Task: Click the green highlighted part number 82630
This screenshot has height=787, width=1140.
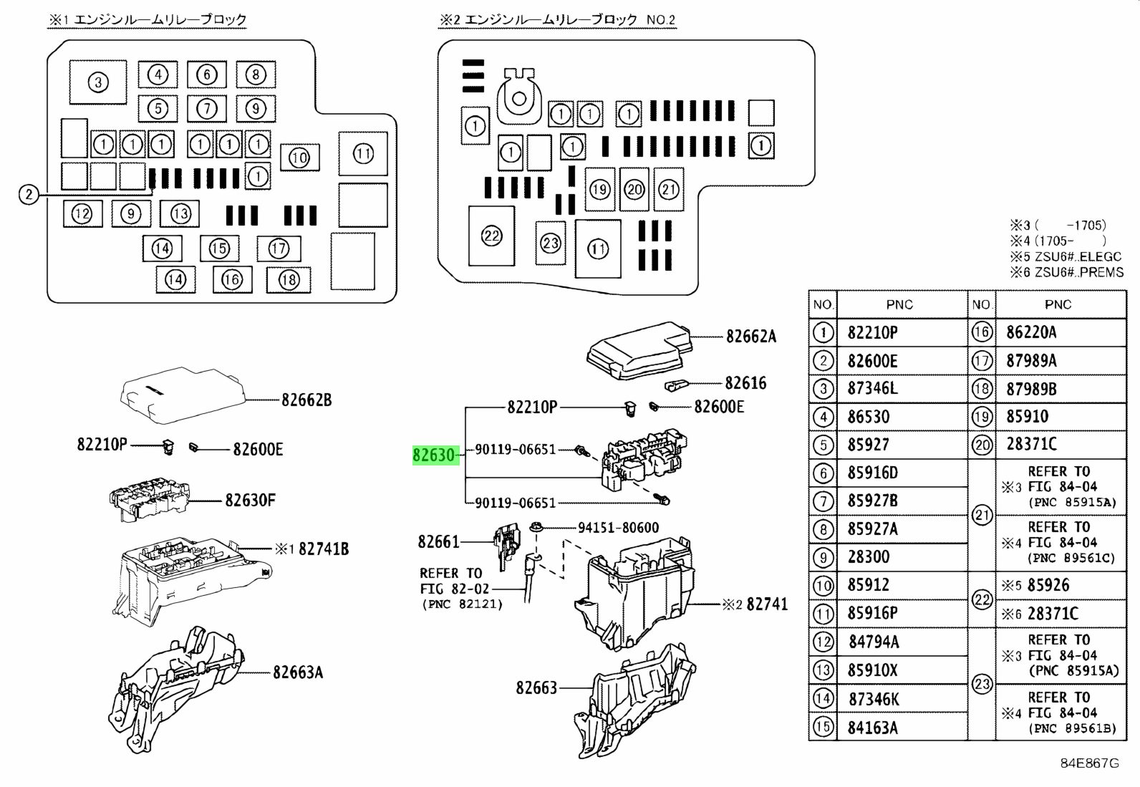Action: (434, 455)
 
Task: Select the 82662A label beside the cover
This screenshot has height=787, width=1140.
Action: (750, 337)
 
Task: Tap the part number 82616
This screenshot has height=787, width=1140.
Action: (745, 383)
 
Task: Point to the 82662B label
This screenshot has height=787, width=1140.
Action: (306, 400)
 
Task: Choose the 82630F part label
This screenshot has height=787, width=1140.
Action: (250, 500)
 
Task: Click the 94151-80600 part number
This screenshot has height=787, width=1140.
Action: (618, 528)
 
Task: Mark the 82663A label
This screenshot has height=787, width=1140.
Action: (297, 672)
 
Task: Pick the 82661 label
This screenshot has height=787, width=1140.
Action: (438, 541)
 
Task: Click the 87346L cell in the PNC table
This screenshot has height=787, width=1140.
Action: (872, 389)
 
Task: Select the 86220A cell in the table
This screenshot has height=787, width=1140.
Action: (1031, 332)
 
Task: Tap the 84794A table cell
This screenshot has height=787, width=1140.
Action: (873, 642)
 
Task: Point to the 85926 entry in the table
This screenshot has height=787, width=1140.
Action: (1048, 585)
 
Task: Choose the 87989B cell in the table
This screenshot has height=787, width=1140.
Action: (1031, 389)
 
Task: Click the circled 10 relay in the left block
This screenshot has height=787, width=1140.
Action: (299, 158)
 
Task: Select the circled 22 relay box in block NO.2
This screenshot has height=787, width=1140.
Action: (491, 236)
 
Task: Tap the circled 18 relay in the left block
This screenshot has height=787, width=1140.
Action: (289, 279)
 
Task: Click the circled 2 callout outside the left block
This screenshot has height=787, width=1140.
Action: (28, 194)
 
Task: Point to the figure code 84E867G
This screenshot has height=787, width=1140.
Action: (1089, 763)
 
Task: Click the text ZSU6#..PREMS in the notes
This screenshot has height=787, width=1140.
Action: (1078, 272)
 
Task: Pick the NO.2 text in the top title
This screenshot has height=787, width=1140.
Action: (661, 20)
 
